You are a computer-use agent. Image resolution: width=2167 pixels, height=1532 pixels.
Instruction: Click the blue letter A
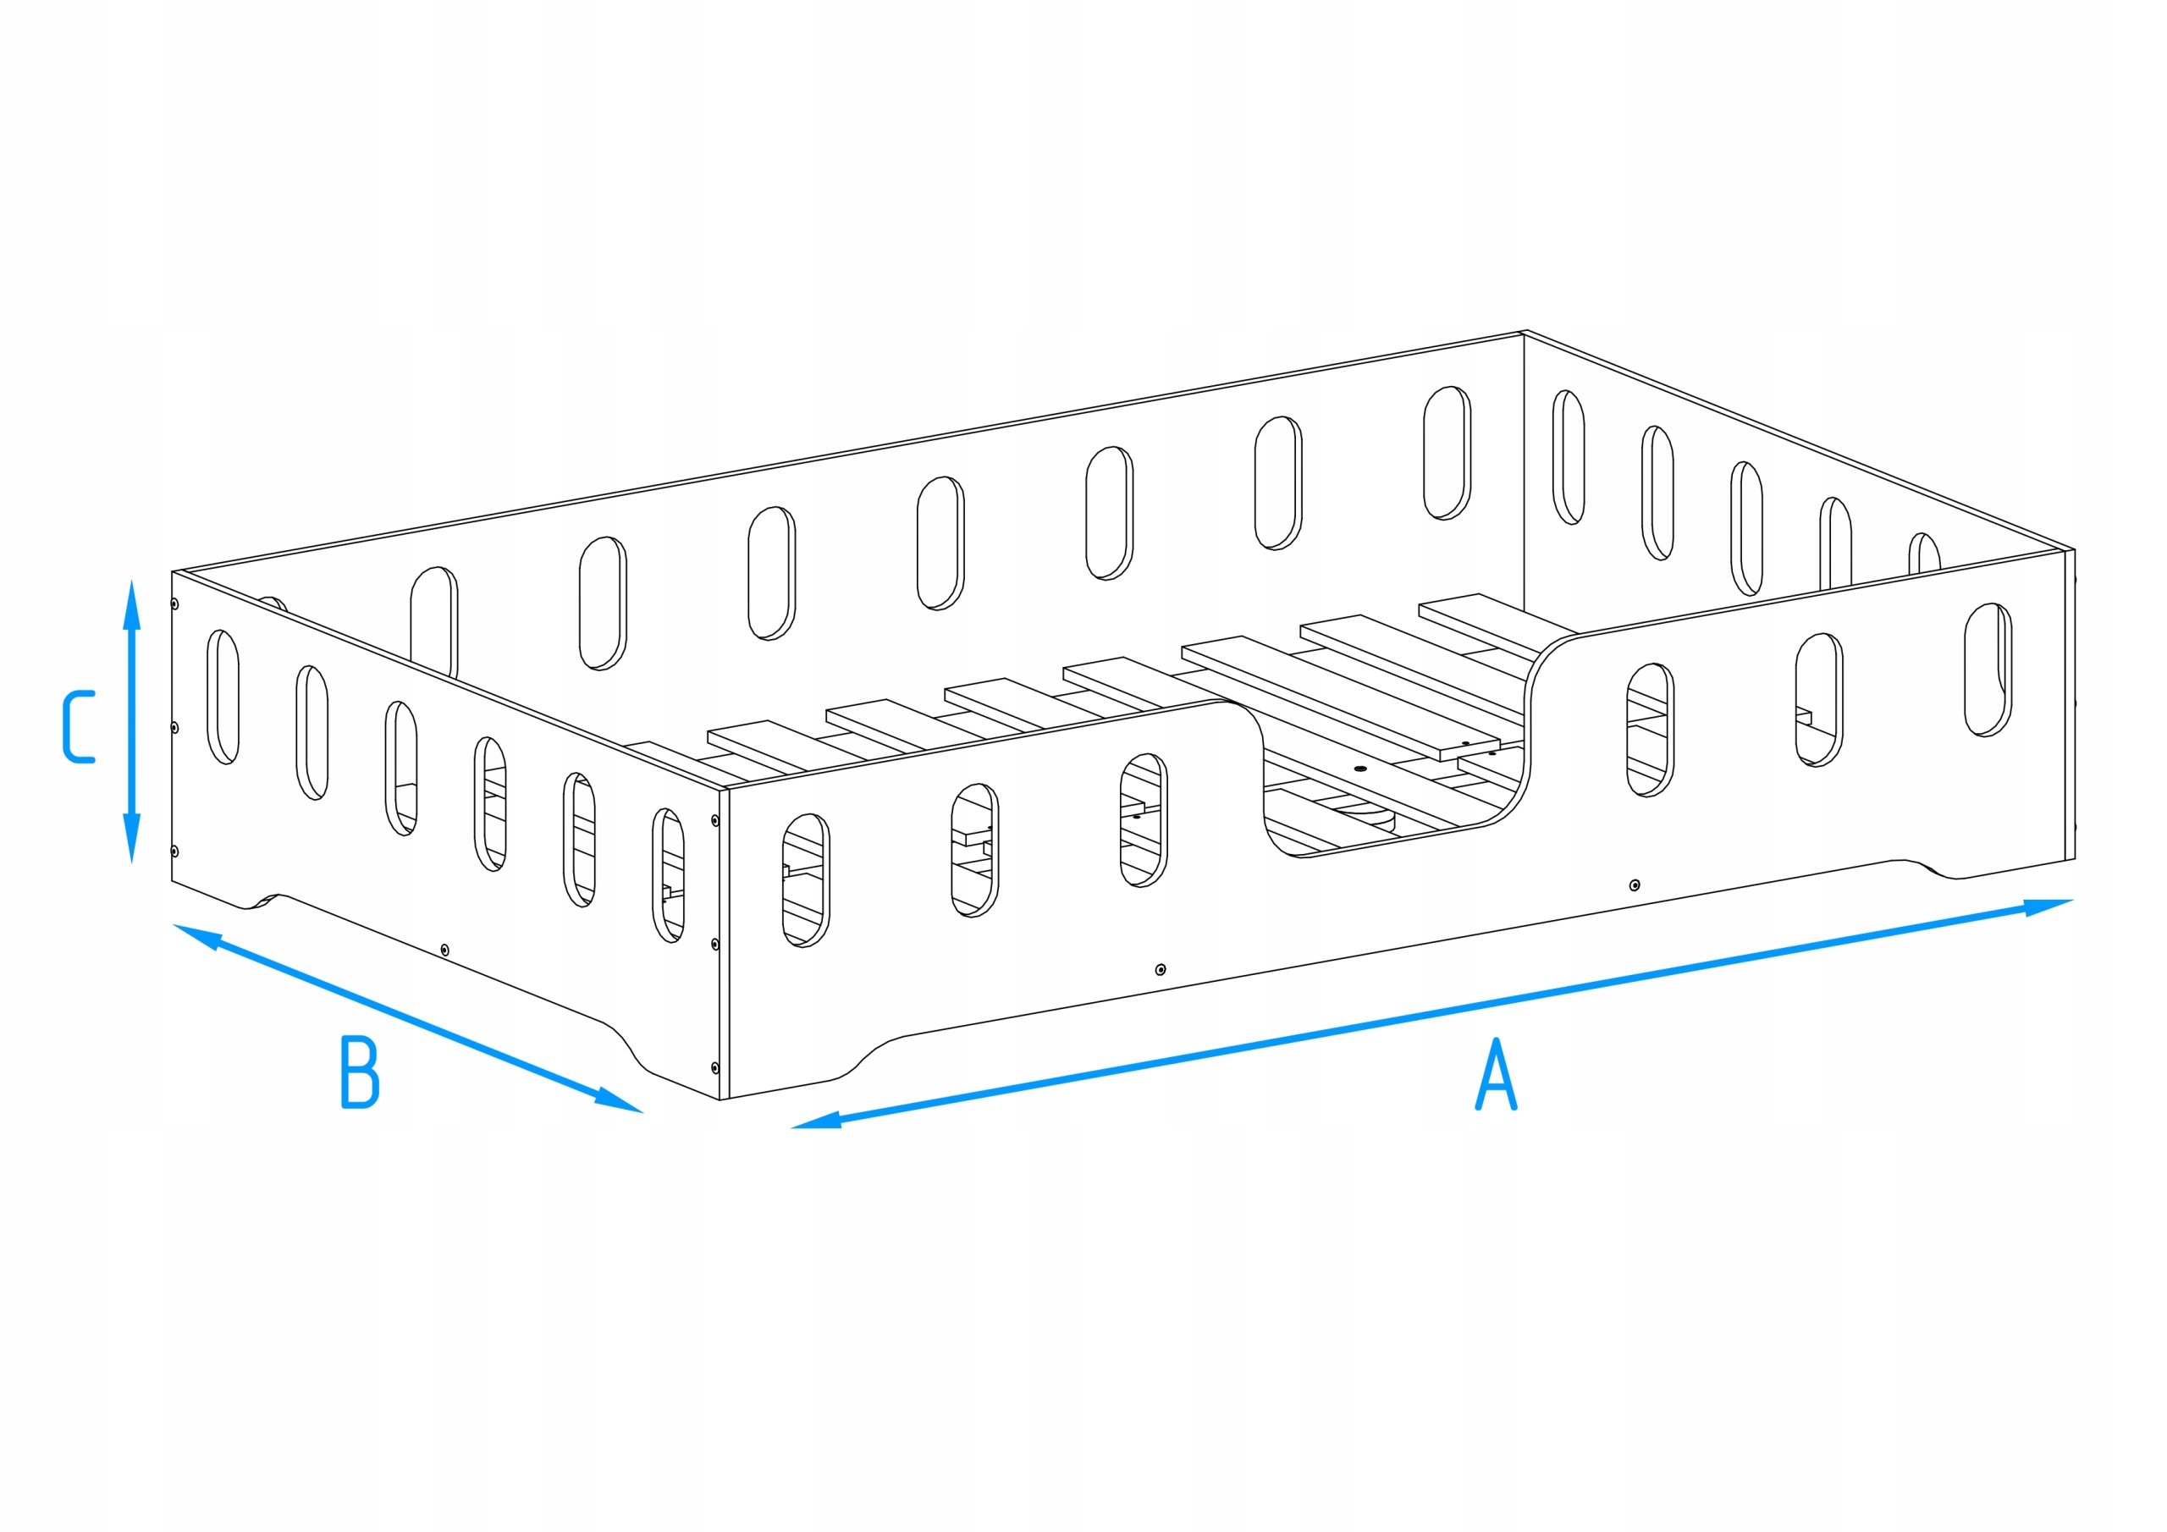click(1496, 1075)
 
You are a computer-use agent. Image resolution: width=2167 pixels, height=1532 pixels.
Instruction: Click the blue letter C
click(80, 727)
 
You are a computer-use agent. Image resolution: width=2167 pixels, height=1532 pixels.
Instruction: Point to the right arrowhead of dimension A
click(2049, 907)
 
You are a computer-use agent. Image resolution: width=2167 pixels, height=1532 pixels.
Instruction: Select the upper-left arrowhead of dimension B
click(196, 935)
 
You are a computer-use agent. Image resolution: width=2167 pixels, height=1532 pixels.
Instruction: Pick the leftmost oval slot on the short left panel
click(223, 697)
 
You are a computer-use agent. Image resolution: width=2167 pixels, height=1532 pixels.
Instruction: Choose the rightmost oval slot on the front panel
click(1988, 670)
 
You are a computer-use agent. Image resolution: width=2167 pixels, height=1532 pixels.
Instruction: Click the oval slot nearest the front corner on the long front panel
click(806, 879)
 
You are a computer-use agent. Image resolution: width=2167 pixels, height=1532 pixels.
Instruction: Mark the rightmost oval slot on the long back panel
click(1447, 452)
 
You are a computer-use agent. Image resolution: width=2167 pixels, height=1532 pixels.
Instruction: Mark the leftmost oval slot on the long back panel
click(434, 621)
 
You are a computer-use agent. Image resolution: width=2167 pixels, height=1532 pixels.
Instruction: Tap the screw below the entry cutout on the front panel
click(1635, 885)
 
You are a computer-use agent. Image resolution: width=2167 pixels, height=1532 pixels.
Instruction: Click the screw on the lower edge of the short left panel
click(445, 950)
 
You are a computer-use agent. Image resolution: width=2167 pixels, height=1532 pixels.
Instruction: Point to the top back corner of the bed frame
click(1525, 333)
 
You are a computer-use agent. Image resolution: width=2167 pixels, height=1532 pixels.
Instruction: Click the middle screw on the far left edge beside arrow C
click(174, 728)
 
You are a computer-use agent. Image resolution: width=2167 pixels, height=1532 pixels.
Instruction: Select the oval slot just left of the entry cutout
click(1144, 819)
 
